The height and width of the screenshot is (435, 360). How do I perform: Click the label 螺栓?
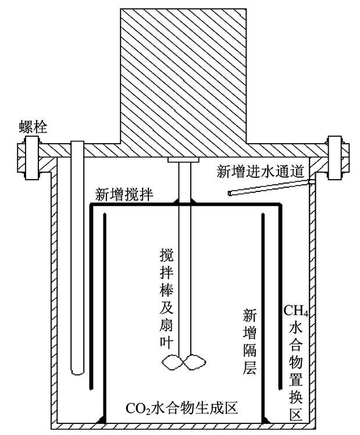pyautogui.click(x=33, y=127)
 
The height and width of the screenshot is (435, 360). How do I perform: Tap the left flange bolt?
pyautogui.click(x=31, y=158)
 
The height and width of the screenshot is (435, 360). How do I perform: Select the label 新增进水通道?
pyautogui.click(x=260, y=172)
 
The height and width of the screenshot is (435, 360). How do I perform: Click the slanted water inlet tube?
pyautogui.click(x=270, y=187)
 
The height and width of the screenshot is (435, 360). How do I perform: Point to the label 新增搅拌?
pyautogui.click(x=124, y=194)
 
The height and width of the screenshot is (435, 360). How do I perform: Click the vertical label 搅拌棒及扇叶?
pyautogui.click(x=166, y=298)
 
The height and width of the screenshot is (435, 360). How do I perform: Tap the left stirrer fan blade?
pyautogui.click(x=172, y=362)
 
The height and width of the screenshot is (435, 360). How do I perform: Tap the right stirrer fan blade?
pyautogui.click(x=195, y=362)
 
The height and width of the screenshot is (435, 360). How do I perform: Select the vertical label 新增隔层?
pyautogui.click(x=249, y=341)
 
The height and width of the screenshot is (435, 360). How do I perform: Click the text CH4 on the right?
pyautogui.click(x=295, y=311)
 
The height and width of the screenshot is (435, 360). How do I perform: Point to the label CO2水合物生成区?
pyautogui.click(x=181, y=408)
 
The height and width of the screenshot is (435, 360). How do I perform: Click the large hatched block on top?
pyautogui.click(x=183, y=76)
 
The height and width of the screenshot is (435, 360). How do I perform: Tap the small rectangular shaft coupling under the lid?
pyautogui.click(x=183, y=160)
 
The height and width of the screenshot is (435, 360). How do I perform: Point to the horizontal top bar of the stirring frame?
pyautogui.click(x=186, y=205)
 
